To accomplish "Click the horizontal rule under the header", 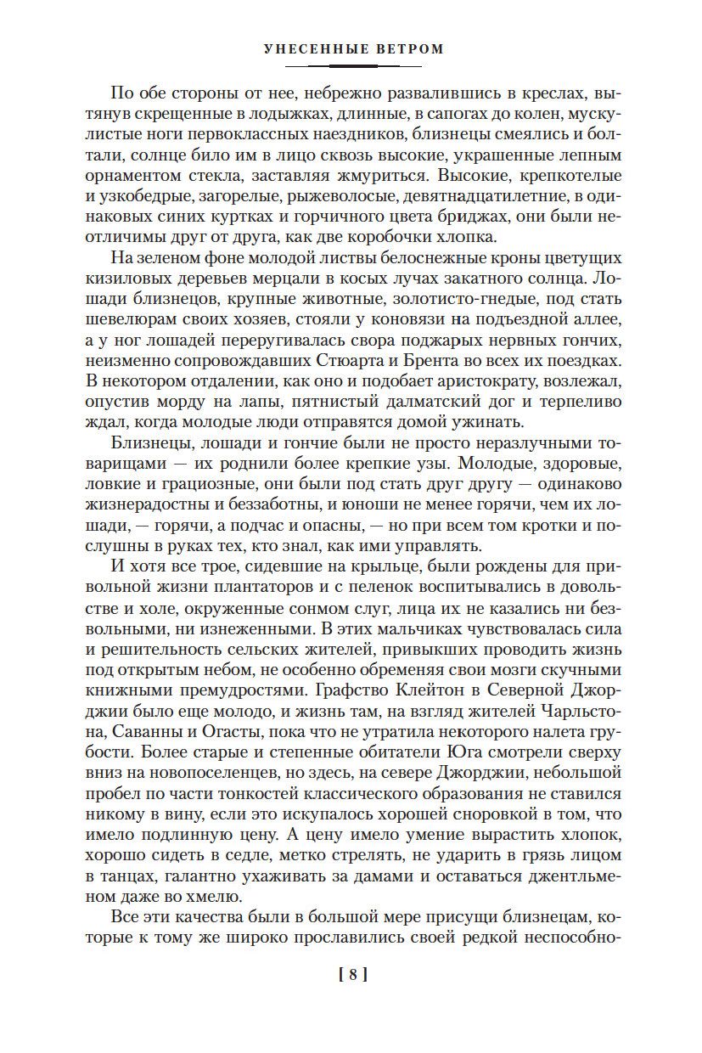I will tap(352, 65).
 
